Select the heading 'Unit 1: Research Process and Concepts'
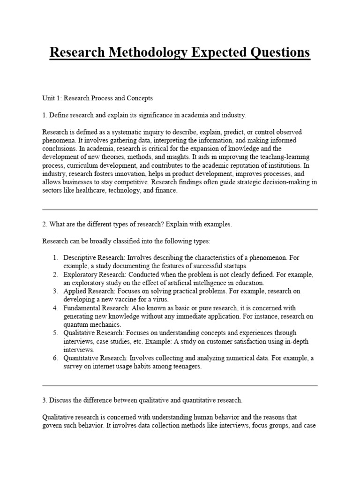(x=97, y=98)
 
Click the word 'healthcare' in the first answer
(x=102, y=191)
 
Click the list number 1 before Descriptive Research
(x=54, y=258)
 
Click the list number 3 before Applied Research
(x=54, y=292)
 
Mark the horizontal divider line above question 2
(x=180, y=209)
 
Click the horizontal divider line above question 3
(x=180, y=385)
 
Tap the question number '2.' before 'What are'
(x=45, y=225)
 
